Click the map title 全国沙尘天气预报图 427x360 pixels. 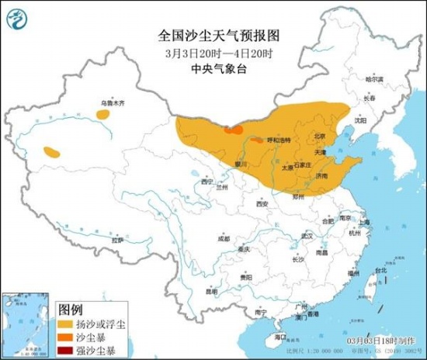213,35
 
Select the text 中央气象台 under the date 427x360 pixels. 213,68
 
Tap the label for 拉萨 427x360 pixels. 117,241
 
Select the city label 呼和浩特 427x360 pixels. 278,140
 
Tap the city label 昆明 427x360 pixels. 211,292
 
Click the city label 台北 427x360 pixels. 380,271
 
